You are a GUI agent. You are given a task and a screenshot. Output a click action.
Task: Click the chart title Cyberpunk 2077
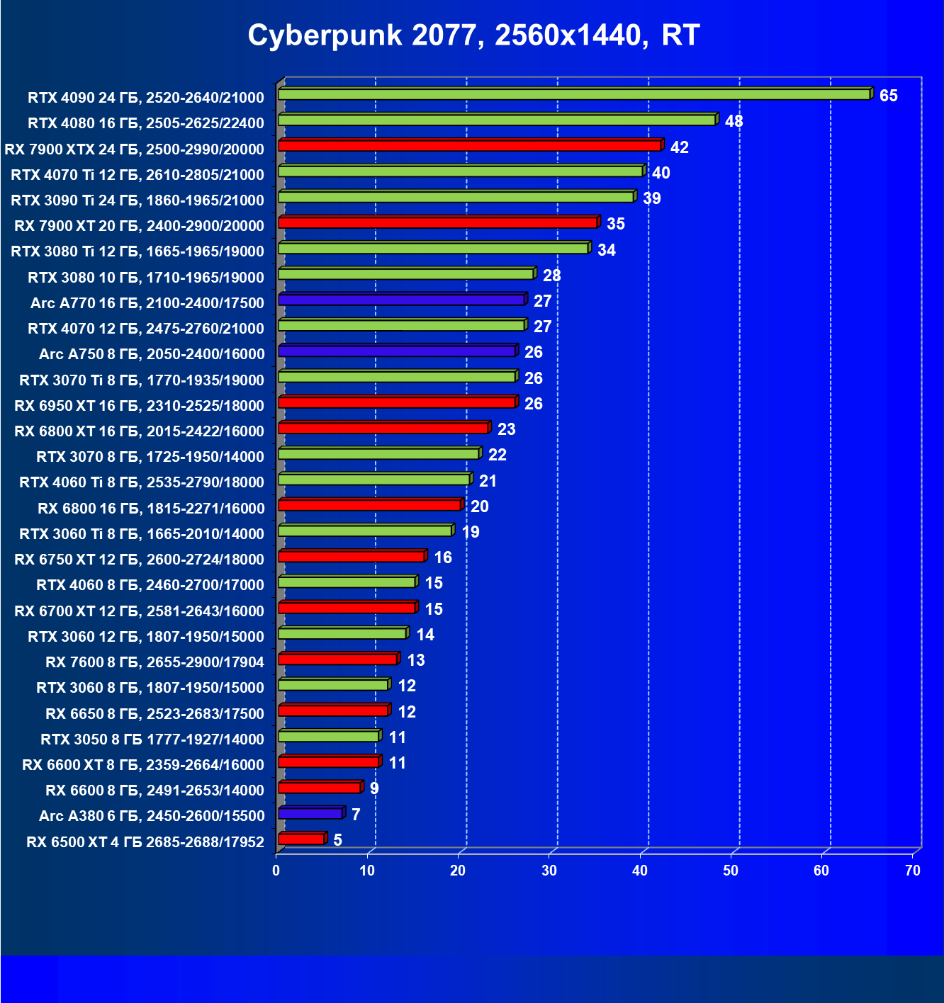473,35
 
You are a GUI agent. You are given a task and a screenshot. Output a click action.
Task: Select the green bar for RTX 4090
574,94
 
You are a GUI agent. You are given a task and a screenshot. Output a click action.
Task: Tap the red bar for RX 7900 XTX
469,146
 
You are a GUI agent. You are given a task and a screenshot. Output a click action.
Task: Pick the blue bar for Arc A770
401,300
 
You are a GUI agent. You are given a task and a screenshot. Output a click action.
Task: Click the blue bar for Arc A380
310,813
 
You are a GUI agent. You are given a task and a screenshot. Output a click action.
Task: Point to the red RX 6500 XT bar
301,839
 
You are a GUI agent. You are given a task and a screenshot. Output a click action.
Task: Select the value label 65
888,96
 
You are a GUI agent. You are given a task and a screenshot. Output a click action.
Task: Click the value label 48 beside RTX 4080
734,121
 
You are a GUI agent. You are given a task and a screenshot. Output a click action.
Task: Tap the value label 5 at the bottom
338,840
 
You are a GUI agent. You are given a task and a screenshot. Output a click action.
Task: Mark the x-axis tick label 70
913,871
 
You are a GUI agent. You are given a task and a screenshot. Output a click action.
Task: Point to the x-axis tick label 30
549,871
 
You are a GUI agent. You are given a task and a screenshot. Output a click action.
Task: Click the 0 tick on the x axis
276,871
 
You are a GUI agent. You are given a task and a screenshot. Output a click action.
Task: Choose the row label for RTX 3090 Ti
137,200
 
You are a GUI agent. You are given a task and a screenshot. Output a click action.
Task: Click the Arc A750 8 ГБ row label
152,354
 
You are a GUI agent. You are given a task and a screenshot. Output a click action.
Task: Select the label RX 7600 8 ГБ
154,662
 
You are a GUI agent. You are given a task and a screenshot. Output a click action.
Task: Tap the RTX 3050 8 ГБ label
152,739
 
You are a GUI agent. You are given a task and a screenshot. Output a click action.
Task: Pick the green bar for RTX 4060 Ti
374,480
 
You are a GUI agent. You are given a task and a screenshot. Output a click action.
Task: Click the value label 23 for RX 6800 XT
506,429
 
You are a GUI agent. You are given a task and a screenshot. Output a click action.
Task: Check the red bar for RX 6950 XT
397,402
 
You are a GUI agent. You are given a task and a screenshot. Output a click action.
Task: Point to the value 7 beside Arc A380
356,815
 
